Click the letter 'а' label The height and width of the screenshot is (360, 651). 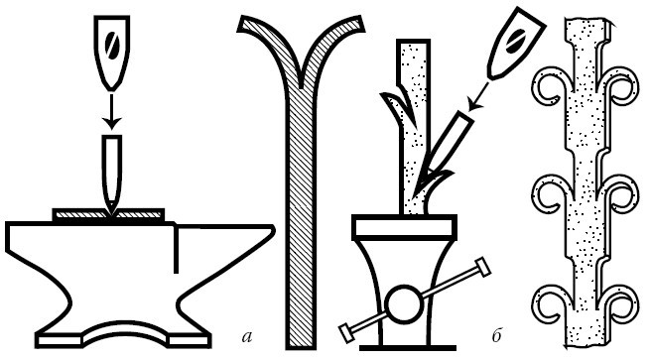click(247, 337)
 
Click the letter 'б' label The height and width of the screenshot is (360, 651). click(497, 335)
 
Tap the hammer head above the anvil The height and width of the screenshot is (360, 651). click(112, 53)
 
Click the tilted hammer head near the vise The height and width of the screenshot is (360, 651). click(515, 43)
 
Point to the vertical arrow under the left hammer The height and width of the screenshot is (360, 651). click(112, 111)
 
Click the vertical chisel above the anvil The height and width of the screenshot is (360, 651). click(112, 175)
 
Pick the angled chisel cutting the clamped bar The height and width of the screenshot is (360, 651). click(444, 150)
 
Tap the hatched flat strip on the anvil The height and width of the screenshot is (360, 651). click(108, 214)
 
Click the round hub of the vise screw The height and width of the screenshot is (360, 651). click(402, 304)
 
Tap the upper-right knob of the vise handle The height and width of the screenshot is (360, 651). click(483, 267)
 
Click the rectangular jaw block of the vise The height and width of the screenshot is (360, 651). click(404, 227)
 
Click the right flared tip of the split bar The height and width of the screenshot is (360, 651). click(354, 25)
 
